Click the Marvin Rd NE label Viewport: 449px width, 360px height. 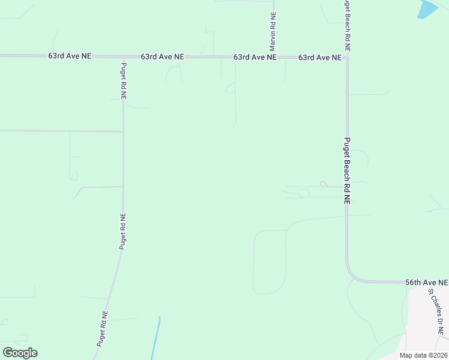273,31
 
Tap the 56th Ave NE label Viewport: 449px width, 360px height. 426,282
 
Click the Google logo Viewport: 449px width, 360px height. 20,353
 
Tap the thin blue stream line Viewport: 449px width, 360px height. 155,339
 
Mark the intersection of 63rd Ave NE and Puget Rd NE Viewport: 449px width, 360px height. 123,56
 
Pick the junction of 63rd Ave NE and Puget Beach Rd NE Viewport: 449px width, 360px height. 347,58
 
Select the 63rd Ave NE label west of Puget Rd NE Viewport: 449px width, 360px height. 70,56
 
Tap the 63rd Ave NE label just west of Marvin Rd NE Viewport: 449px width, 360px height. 255,57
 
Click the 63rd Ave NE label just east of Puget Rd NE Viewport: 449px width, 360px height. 162,56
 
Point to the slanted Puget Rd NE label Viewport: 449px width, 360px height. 103,329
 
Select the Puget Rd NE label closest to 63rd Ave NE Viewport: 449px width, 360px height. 124,80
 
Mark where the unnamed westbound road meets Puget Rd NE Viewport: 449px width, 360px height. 123,131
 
